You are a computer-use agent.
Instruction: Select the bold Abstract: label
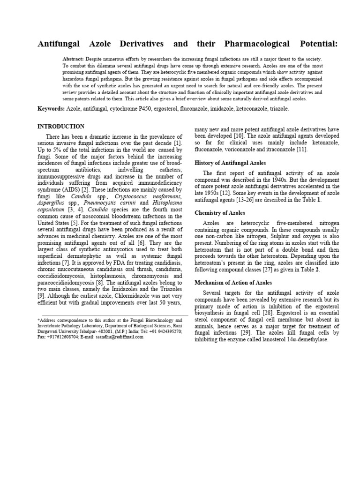[x=73, y=59]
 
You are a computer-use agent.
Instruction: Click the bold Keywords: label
[x=51, y=109]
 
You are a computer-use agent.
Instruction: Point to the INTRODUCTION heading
[x=61, y=127]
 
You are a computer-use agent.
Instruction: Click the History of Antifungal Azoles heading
[x=230, y=163]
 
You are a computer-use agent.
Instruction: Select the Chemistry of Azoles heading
[x=219, y=213]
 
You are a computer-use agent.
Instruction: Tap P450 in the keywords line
[x=163, y=109]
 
